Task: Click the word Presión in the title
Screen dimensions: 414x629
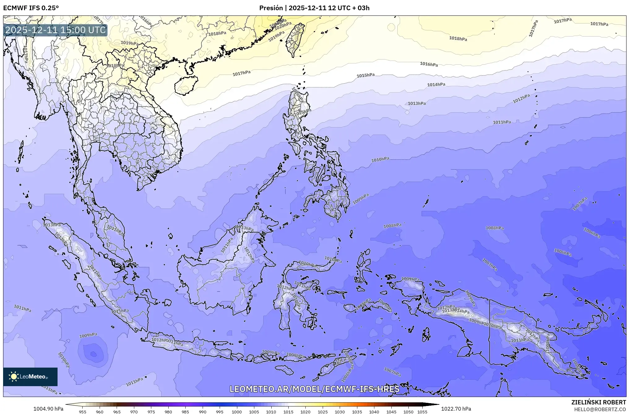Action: [x=271, y=8]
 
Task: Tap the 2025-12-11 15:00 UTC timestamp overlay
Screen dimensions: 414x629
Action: [x=55, y=30]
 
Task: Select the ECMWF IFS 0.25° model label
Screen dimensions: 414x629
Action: [x=31, y=8]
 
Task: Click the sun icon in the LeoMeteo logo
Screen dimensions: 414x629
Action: [x=14, y=376]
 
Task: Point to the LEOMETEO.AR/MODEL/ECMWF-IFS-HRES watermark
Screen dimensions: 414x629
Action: [x=314, y=389]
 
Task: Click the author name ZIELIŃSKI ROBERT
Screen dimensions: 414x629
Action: [x=598, y=402]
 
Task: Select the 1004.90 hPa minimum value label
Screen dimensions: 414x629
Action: [x=48, y=409]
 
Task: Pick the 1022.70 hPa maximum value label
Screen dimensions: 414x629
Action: [x=456, y=409]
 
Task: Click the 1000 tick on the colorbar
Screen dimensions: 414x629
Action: [x=237, y=412]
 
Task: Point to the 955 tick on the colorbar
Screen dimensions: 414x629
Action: [x=82, y=412]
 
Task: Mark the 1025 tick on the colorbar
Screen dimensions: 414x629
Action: [x=323, y=412]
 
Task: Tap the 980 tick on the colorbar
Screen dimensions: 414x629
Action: [x=168, y=412]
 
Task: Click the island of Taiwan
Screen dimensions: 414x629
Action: [x=295, y=40]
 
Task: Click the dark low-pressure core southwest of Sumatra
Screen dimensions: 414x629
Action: [x=93, y=353]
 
